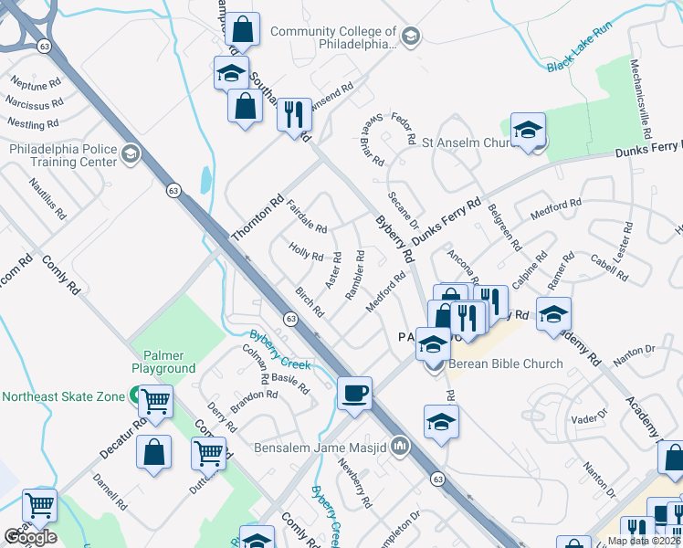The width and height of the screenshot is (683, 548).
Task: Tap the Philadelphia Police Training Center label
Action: click(63, 155)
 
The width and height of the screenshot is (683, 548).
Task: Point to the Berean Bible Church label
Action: click(506, 364)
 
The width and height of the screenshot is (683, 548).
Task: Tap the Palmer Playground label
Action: click(163, 362)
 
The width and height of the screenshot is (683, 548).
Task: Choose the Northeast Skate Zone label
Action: click(62, 396)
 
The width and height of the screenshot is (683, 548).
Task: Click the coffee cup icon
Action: click(354, 394)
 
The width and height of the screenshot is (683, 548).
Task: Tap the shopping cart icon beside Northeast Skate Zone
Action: click(157, 400)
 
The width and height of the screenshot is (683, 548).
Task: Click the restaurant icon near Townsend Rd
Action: click(294, 114)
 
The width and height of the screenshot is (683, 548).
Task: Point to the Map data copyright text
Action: click(644, 541)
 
